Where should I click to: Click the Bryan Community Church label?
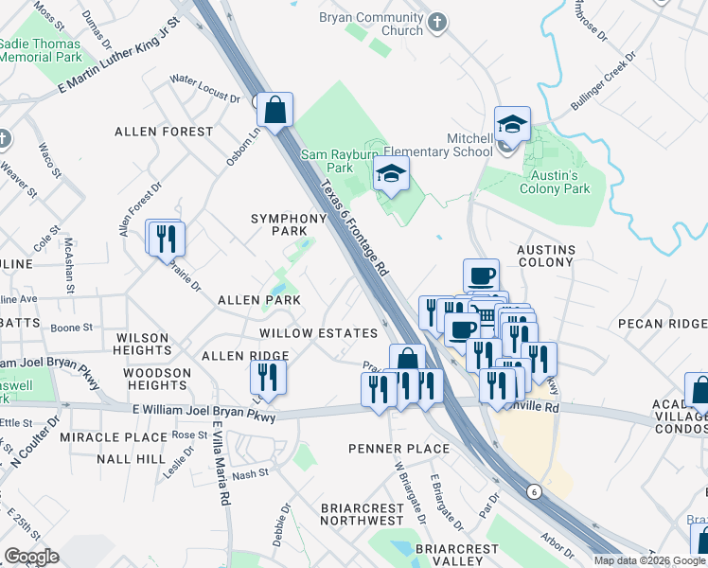coord(370,24)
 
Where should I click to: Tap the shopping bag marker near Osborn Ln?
coord(274,111)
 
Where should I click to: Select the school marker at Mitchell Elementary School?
coord(512,124)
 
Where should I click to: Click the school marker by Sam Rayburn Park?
coord(391,174)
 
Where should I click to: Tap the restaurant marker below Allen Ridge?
coord(269,378)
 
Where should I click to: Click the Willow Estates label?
coord(318,333)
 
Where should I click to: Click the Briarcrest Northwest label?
coord(363,514)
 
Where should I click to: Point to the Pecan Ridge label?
coord(663,323)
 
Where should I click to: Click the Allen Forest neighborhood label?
coord(151,132)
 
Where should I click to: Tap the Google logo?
coord(31,557)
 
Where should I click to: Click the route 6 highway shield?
coord(534,491)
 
